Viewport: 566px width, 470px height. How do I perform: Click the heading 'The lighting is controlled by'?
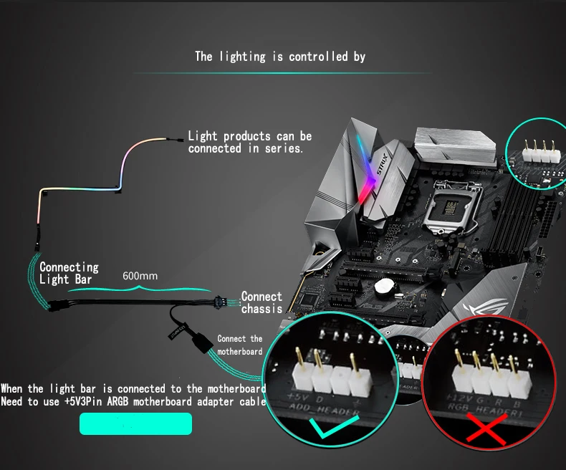coord(280,57)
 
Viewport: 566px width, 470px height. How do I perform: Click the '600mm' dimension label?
coord(140,276)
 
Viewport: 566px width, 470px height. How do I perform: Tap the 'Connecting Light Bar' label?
coord(69,273)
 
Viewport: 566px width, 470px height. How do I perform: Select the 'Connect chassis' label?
coord(262,302)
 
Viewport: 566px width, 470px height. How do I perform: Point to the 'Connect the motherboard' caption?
coord(240,345)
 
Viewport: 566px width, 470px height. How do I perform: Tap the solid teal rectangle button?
coord(135,423)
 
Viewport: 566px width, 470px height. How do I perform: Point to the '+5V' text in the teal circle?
coord(296,396)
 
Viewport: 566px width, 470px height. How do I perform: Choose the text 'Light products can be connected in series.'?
coord(250,142)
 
